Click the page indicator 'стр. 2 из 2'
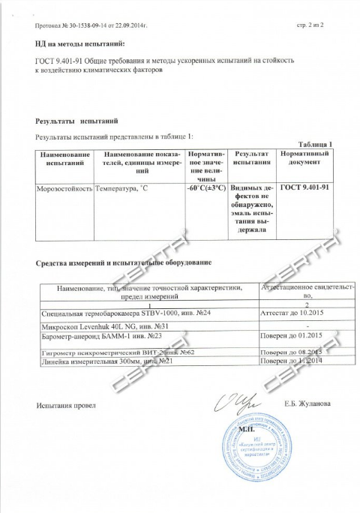(x=310, y=26)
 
